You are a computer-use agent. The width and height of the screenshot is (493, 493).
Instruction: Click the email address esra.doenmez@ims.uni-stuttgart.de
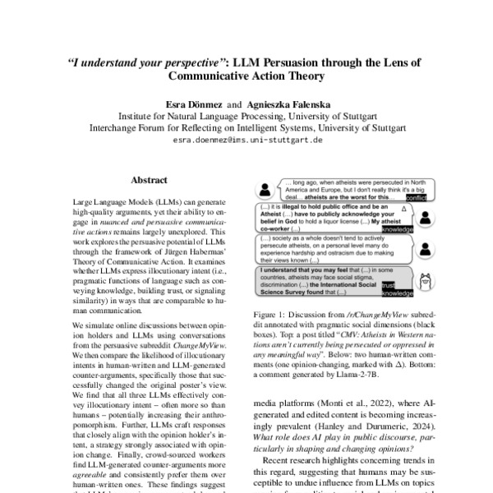246,141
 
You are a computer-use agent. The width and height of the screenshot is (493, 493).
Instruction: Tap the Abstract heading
149,180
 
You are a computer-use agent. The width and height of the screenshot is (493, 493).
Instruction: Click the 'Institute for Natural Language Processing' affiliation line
246,117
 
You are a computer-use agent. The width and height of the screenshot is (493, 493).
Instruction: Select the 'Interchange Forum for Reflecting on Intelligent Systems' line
246,128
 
